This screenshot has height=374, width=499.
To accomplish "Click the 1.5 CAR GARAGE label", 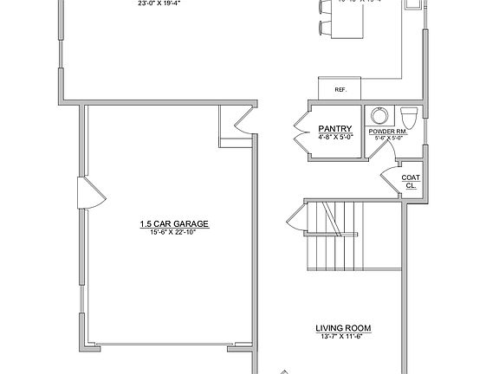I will click(x=175, y=223).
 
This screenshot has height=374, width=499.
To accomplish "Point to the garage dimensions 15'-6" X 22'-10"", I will click(x=175, y=231).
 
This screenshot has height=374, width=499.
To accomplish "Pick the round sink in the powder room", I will click(x=379, y=115).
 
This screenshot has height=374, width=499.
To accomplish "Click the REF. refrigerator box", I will click(x=329, y=89).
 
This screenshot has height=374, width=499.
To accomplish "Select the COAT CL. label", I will click(x=411, y=182).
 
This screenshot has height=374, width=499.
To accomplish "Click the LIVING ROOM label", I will click(x=343, y=327).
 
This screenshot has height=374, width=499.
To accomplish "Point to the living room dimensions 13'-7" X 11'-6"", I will click(x=343, y=336).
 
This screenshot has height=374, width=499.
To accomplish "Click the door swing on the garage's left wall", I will click(x=89, y=193).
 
